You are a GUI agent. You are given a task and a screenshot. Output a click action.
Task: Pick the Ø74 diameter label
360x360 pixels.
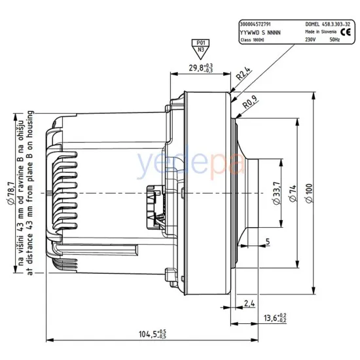(291, 192)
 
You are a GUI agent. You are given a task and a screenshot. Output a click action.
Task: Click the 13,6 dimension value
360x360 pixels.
(272, 318)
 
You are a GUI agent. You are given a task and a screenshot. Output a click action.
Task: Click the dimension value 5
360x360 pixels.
(268, 242)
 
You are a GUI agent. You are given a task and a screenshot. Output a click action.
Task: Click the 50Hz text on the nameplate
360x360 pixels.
(334, 39)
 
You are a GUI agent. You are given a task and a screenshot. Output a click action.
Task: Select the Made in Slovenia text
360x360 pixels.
(321, 31)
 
